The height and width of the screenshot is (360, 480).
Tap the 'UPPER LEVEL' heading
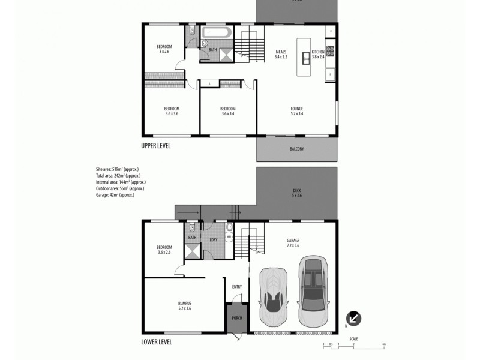pyautogui.click(x=158, y=146)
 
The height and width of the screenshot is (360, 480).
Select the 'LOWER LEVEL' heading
pyautogui.click(x=157, y=342)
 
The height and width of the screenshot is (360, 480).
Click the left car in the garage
pyautogui.click(x=273, y=296)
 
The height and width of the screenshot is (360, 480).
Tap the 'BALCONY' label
pyautogui.click(x=296, y=148)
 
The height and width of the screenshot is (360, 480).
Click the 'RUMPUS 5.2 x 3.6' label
pyautogui.click(x=184, y=305)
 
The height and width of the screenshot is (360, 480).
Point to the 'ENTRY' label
pyautogui.click(x=236, y=287)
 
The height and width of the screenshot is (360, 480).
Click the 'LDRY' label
pyautogui.click(x=213, y=240)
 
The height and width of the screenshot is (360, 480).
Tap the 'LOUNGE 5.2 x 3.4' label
pyautogui.click(x=296, y=111)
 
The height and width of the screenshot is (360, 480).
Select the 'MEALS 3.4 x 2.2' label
pyautogui.click(x=281, y=54)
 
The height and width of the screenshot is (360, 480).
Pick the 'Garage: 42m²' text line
pyautogui.click(x=115, y=195)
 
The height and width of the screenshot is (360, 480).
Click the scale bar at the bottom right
pyautogui.click(x=353, y=344)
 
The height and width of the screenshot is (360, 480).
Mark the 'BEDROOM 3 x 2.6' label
pyautogui.click(x=164, y=49)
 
